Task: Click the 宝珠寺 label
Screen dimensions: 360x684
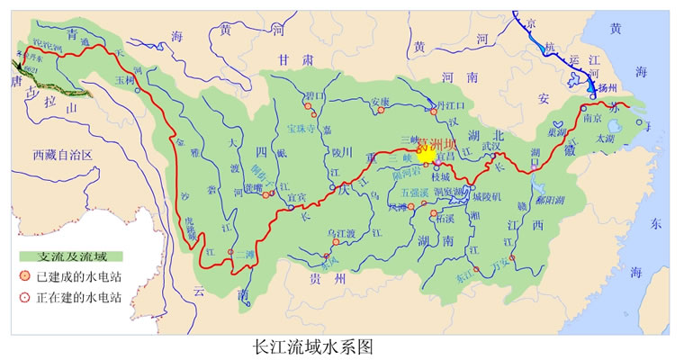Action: [305, 129]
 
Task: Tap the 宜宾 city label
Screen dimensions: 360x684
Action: [296, 197]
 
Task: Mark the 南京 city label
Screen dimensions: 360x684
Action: [591, 117]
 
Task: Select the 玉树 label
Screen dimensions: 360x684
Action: [124, 79]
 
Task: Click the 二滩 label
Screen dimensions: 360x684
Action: [243, 254]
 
